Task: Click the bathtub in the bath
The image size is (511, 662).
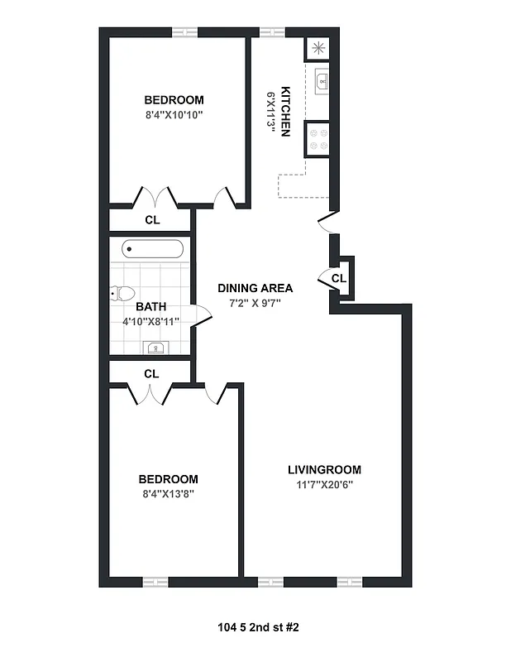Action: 150,249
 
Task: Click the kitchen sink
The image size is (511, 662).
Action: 321,81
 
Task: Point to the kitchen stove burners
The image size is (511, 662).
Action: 318,138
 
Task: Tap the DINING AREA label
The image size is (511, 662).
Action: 255,288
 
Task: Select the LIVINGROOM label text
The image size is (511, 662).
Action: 324,470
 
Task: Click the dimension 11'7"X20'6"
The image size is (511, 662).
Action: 324,485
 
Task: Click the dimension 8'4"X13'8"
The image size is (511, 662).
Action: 168,494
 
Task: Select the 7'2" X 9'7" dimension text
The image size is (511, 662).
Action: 255,303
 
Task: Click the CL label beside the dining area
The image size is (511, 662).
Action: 338,279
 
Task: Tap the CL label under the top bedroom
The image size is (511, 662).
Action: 152,220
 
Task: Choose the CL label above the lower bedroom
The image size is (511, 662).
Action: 151,374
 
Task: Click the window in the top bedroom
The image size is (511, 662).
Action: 184,33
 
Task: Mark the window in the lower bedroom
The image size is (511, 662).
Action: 155,581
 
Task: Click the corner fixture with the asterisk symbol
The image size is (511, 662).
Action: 318,47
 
